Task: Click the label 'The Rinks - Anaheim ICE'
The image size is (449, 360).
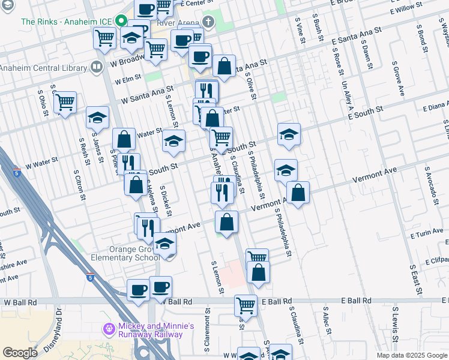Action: (65, 21)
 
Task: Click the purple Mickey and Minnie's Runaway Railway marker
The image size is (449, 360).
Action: (109, 329)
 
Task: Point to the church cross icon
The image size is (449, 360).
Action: (208, 23)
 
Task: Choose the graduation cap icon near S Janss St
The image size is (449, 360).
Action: (97, 118)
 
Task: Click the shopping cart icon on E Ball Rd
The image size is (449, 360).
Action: (246, 305)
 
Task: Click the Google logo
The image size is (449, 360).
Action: (19, 353)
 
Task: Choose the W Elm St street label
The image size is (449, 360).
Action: (130, 78)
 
